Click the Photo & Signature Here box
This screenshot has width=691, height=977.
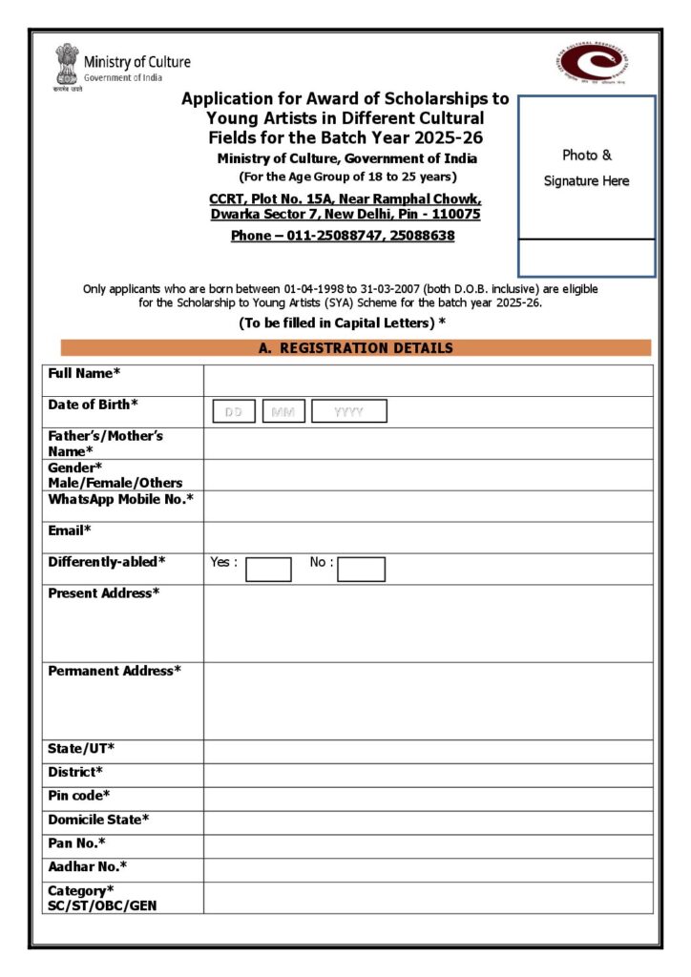(586, 168)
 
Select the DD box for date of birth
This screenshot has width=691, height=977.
(234, 412)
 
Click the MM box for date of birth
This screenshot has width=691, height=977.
(283, 412)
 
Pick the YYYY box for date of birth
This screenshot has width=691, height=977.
(349, 412)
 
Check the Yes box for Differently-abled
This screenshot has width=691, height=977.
(268, 570)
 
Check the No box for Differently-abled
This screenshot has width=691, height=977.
(362, 570)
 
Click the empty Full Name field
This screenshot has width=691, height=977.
(428, 380)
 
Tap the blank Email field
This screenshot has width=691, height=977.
(428, 537)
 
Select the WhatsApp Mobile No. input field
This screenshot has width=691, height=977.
(428, 506)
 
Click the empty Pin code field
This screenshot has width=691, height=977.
(428, 798)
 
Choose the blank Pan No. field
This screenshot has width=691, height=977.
(428, 845)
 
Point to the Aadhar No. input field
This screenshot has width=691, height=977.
(428, 869)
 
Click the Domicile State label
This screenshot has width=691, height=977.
(98, 820)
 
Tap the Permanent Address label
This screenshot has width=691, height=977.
(114, 671)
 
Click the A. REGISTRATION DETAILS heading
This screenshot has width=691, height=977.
(355, 348)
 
